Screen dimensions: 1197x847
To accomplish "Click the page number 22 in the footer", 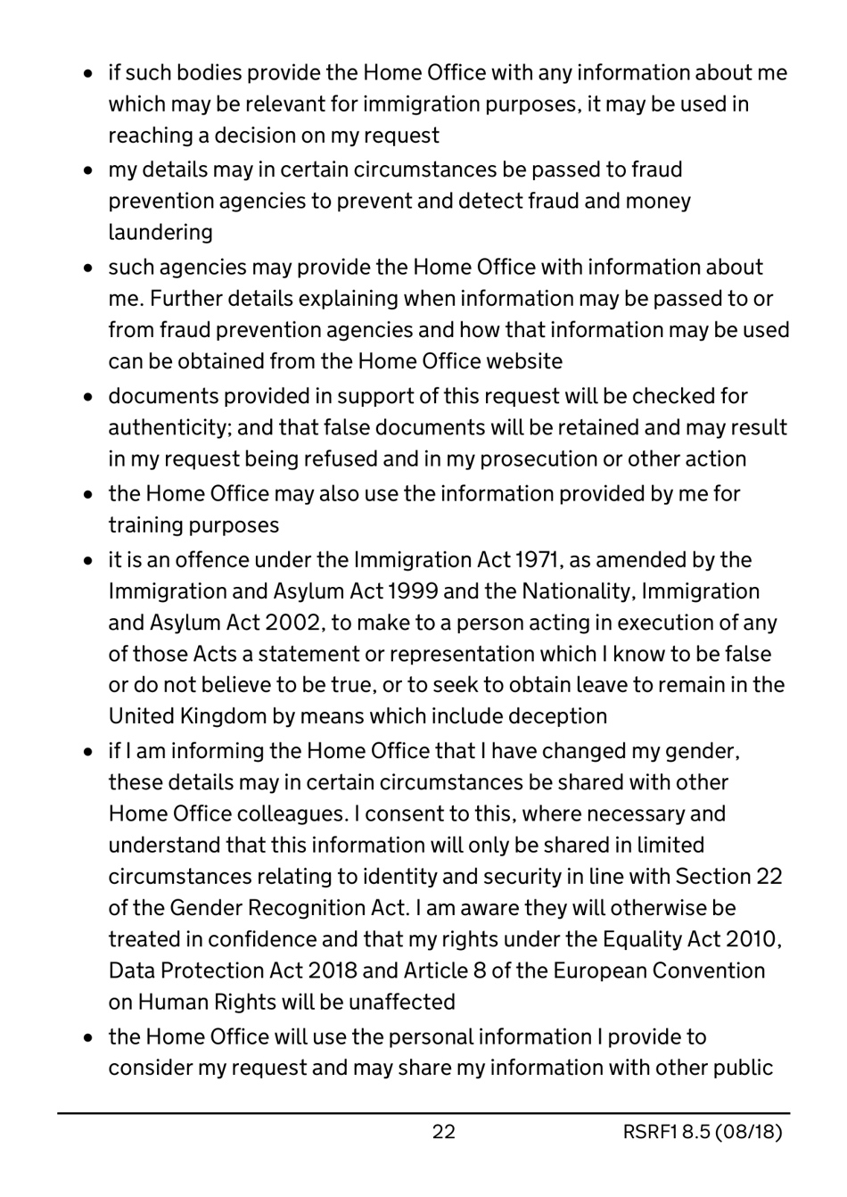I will coord(443,1132).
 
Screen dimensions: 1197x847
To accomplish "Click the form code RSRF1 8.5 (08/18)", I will coord(703,1132).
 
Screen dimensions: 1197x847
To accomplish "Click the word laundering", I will coord(160,232).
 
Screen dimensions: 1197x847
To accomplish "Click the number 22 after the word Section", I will coord(769,877).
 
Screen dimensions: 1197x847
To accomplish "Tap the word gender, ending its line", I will coord(709,751).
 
